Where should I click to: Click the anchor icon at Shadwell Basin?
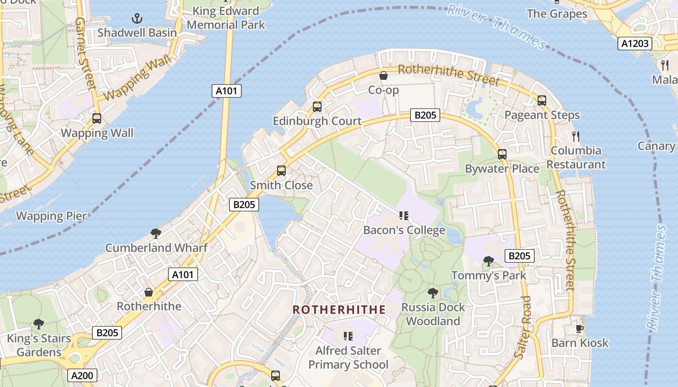(138, 19)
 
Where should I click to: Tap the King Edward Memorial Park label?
(226, 17)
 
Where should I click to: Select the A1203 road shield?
(634, 44)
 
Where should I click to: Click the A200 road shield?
(82, 375)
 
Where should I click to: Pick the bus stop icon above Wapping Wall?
(97, 119)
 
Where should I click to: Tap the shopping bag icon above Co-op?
(383, 75)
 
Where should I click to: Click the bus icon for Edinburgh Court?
(317, 107)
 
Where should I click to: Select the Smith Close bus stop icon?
(281, 171)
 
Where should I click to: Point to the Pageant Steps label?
(542, 115)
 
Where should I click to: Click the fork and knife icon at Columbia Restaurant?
(576, 136)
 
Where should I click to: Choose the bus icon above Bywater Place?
(502, 154)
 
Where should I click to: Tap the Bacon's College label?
(404, 230)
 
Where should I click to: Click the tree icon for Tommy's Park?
(489, 261)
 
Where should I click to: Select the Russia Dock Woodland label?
(433, 314)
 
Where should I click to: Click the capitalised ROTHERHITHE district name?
(339, 310)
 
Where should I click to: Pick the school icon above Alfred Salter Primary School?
(348, 336)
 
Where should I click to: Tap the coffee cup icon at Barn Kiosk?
(580, 329)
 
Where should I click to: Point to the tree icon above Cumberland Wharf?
(155, 234)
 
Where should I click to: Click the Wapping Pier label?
(51, 216)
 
